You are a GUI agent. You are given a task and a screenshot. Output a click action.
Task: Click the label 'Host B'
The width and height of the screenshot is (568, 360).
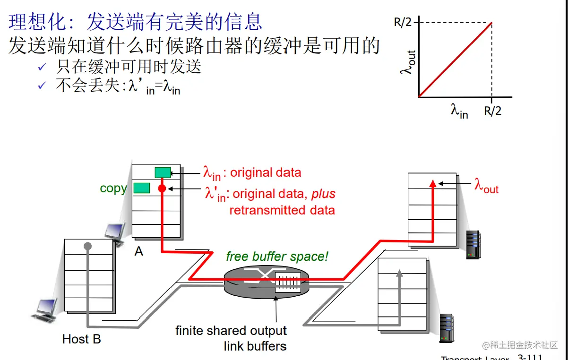click(x=82, y=339)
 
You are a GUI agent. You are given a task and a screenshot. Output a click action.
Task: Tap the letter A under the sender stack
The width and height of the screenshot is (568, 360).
click(x=138, y=251)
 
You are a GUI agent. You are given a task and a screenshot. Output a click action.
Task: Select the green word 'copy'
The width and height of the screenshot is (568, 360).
click(x=113, y=188)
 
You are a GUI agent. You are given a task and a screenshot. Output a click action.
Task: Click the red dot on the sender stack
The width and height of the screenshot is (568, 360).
click(x=162, y=188)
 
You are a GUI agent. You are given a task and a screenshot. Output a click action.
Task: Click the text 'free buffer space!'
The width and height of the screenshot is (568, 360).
click(x=277, y=257)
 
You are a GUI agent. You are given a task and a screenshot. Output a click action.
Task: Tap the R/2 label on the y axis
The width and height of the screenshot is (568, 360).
click(x=403, y=23)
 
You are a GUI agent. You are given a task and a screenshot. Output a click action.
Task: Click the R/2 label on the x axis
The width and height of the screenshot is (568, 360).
click(x=492, y=111)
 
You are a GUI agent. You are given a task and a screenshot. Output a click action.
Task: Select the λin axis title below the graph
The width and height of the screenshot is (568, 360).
click(x=459, y=111)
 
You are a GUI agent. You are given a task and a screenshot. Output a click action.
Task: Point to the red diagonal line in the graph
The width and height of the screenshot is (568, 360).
click(x=455, y=60)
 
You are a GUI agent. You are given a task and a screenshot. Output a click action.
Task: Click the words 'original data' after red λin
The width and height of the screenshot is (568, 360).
click(x=265, y=172)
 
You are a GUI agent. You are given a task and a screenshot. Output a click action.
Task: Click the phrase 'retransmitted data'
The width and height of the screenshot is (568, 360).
click(x=282, y=210)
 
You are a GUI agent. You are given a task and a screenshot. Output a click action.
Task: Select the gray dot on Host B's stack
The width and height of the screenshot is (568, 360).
click(x=87, y=246)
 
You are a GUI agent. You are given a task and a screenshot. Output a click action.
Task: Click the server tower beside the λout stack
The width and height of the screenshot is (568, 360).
click(x=473, y=244)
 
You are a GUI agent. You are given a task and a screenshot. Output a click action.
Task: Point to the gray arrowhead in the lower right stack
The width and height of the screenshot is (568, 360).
click(x=399, y=273)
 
